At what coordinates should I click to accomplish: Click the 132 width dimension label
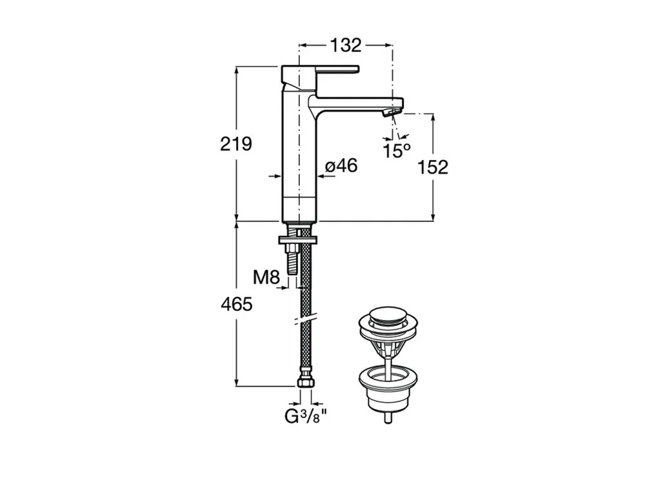pos(346,45)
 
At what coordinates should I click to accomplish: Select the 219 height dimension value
pos(236,144)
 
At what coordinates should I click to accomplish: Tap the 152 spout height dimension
pos(433,168)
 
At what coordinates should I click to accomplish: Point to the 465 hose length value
pos(237,305)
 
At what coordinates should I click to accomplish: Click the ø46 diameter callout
pos(341,166)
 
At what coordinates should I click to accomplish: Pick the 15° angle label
pos(397,150)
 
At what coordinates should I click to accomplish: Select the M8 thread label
pos(266,277)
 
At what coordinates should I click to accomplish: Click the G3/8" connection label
pos(306,417)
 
